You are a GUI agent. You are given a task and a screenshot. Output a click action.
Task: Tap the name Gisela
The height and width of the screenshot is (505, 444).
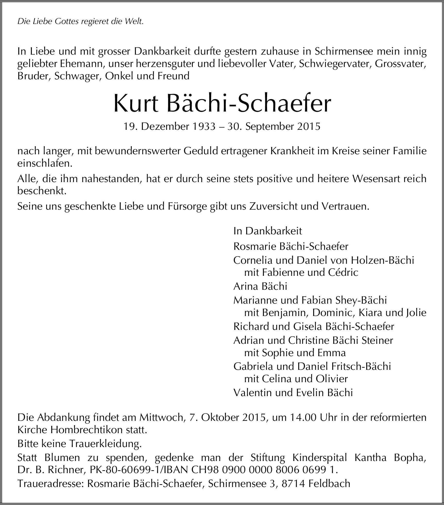point(308,327)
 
